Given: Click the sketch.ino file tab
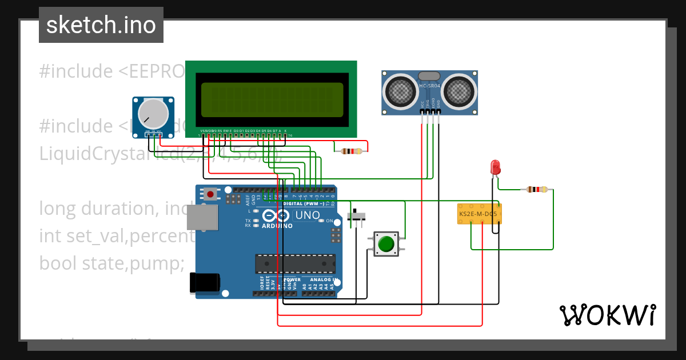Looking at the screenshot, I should click(x=101, y=25).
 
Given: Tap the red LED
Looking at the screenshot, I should click(x=496, y=167).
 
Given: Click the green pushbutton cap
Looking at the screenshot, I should click(x=386, y=244).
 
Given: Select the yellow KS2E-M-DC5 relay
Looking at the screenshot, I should click(x=480, y=214).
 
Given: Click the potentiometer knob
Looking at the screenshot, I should click(x=154, y=114).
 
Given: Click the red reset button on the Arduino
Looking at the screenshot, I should click(x=211, y=194).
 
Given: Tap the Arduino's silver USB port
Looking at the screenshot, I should click(x=202, y=218).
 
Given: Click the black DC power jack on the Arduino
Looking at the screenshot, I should click(x=204, y=282).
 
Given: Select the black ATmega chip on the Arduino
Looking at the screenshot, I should click(x=295, y=263).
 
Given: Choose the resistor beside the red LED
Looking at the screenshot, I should click(x=537, y=189).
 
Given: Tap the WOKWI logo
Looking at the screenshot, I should click(x=607, y=315).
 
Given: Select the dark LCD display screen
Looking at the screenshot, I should click(x=272, y=99).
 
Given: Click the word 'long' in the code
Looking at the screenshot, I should click(x=58, y=209).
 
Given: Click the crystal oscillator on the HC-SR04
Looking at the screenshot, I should click(x=429, y=75).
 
